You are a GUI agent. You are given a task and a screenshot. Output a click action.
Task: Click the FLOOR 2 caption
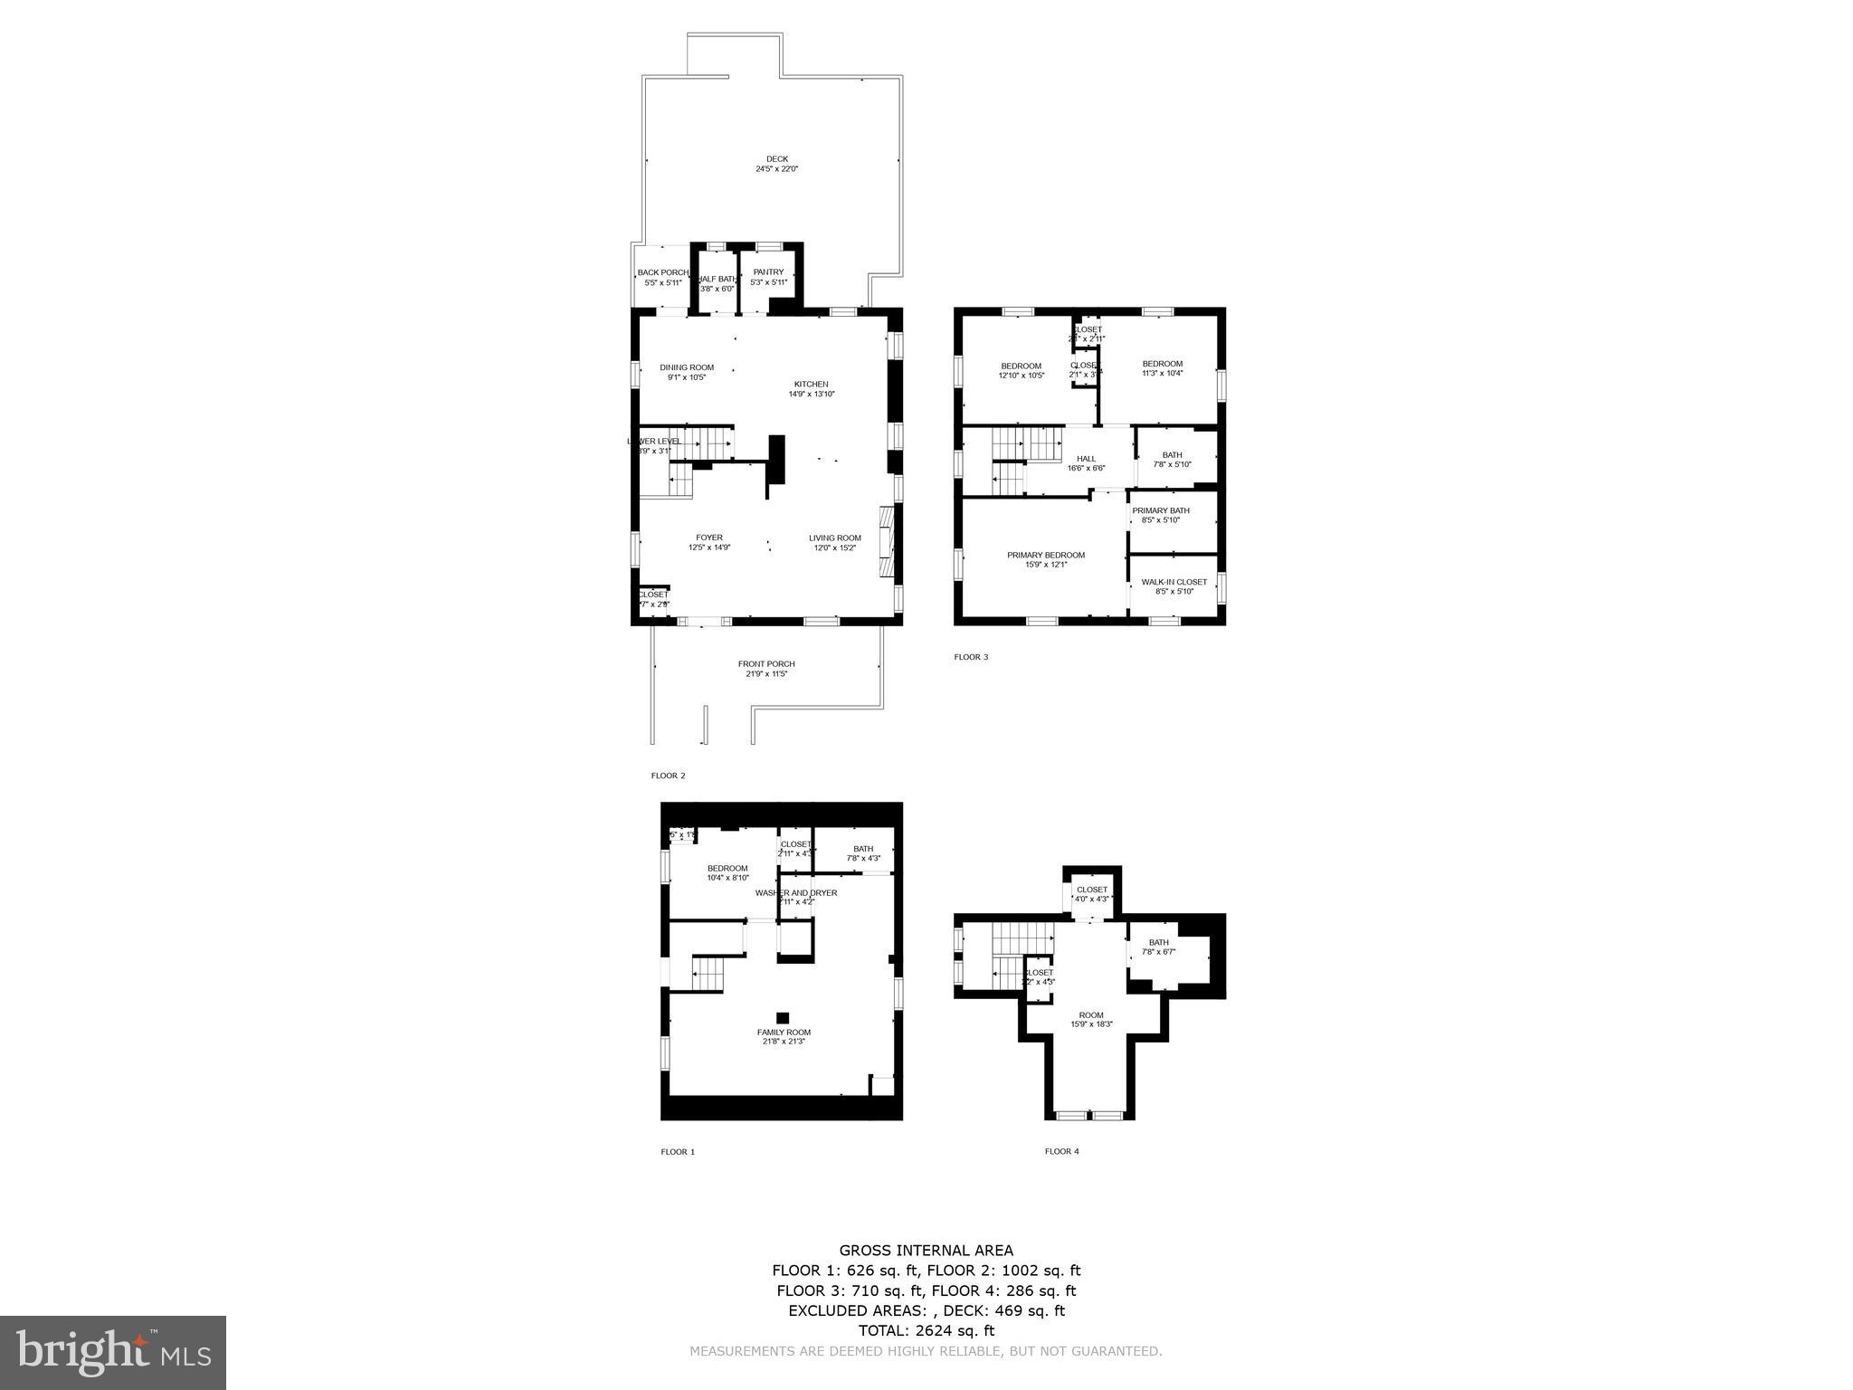(668, 776)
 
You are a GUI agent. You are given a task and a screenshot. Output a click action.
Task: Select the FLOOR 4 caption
(1061, 1151)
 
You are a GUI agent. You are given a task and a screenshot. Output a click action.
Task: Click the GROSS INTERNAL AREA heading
(926, 1251)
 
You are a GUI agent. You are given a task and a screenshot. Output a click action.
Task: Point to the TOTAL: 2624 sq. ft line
(926, 1330)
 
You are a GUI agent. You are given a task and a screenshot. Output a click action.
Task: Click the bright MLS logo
(113, 1353)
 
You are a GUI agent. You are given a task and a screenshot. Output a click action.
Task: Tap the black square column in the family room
(783, 1017)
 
